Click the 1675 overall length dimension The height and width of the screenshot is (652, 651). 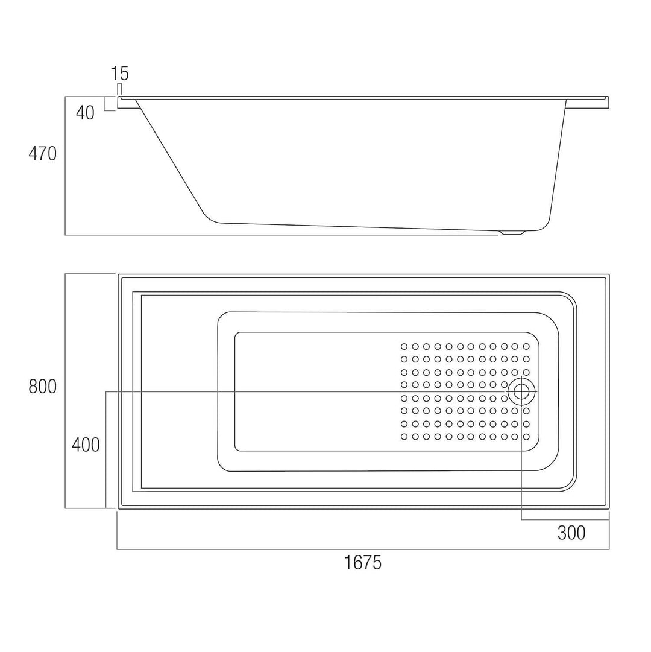click(363, 563)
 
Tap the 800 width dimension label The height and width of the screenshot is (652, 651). click(42, 387)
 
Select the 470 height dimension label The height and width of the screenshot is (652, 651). click(42, 154)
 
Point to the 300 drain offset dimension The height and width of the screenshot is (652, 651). click(571, 533)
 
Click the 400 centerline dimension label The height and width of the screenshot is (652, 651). click(86, 445)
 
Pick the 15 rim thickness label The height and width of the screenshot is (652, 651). click(119, 74)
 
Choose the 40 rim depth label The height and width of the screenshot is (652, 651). click(86, 113)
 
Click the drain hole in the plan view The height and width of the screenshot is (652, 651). click(521, 392)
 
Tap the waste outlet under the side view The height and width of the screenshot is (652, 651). click(512, 232)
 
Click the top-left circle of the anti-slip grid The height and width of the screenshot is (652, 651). click(404, 346)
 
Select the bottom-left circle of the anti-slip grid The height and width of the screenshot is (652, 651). click(404, 436)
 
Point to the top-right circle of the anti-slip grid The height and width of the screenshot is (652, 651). click(526, 346)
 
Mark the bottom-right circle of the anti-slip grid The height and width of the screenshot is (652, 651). click(526, 436)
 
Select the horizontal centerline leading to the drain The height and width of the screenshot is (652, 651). click(301, 392)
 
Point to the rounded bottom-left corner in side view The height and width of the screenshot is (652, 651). click(209, 216)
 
